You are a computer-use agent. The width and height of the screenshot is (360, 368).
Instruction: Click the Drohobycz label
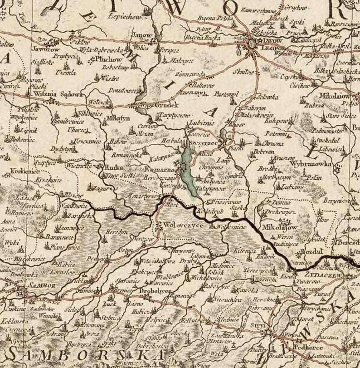(155, 289)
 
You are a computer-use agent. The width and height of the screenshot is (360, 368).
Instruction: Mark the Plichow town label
(108, 59)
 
